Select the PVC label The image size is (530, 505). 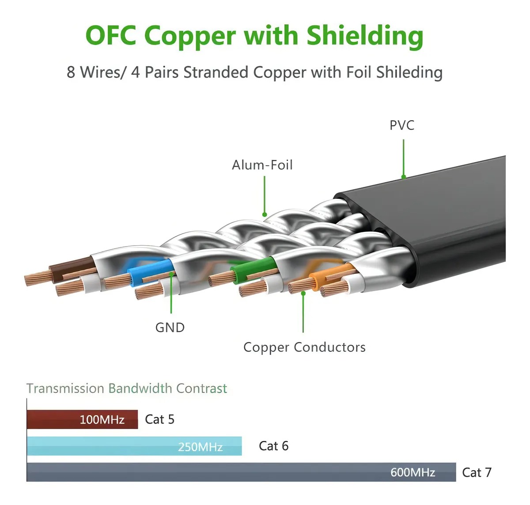(x=402, y=125)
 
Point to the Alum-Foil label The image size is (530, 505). (x=262, y=165)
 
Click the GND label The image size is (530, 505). (x=170, y=327)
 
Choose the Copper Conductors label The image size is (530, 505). (x=304, y=347)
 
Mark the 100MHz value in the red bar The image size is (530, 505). (x=102, y=419)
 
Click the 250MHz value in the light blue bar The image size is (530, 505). (x=200, y=447)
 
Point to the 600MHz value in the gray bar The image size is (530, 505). (x=413, y=473)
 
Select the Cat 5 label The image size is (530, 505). (x=159, y=419)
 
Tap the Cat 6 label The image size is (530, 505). (x=273, y=446)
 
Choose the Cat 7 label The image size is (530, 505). (x=477, y=473)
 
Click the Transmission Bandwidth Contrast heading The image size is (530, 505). (x=127, y=388)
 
